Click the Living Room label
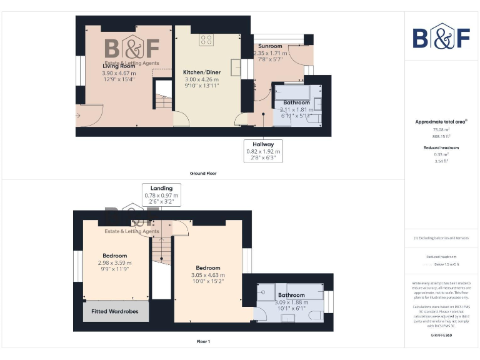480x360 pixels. pyautogui.click(x=119, y=66)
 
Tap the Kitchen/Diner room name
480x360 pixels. pyautogui.click(x=201, y=72)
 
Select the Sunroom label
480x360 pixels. pyautogui.click(x=270, y=46)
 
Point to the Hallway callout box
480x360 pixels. pyautogui.click(x=263, y=151)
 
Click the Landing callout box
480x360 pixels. pyautogui.click(x=161, y=195)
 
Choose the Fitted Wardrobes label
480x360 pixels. pyautogui.click(x=116, y=311)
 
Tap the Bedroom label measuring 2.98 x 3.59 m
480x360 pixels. pyautogui.click(x=115, y=256)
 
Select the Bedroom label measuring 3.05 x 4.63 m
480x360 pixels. pyautogui.click(x=207, y=268)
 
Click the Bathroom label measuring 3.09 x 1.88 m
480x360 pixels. pyautogui.click(x=291, y=295)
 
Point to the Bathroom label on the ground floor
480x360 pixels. pyautogui.click(x=296, y=102)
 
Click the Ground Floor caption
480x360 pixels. pyautogui.click(x=203, y=173)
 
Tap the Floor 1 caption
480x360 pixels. pyautogui.click(x=203, y=342)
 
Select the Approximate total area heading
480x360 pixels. pyautogui.click(x=441, y=122)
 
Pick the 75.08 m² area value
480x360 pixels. pyautogui.click(x=441, y=130)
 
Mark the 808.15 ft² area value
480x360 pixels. pyautogui.click(x=441, y=136)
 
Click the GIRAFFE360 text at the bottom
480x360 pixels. pyautogui.click(x=441, y=336)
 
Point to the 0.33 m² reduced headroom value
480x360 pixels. pyautogui.click(x=441, y=154)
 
